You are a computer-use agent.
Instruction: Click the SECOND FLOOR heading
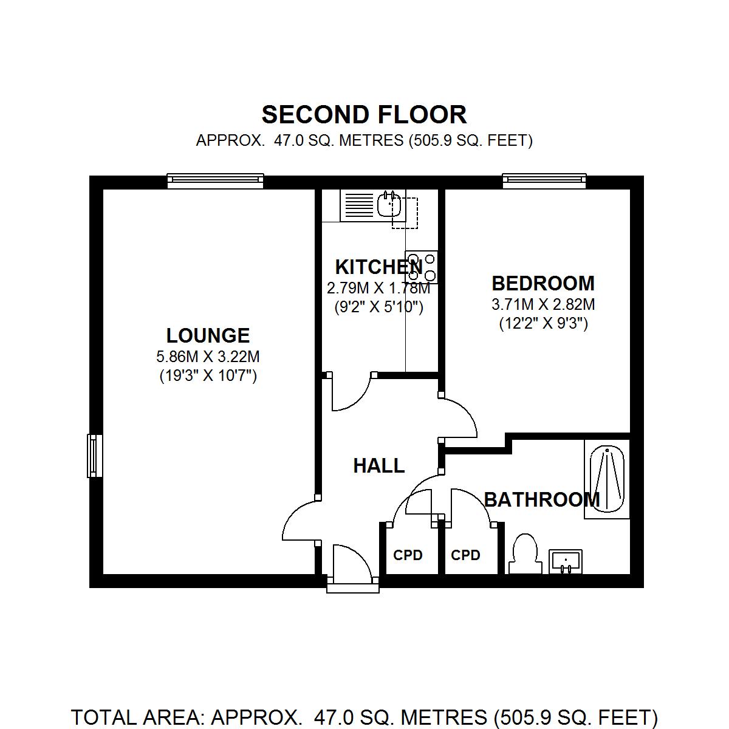point(364,115)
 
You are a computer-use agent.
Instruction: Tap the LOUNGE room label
point(208,335)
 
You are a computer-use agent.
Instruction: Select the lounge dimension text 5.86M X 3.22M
point(208,356)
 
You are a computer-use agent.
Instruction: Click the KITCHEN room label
point(378,267)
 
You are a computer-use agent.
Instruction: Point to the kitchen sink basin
point(389,205)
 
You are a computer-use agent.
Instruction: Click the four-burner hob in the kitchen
point(422,267)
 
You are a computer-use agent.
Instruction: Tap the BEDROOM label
point(543,283)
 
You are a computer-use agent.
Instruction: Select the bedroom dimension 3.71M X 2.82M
point(543,304)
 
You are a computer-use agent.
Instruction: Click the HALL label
point(378,466)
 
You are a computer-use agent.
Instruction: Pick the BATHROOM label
point(542,500)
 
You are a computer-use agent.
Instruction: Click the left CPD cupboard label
point(408,555)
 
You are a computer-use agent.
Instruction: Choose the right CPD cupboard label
point(465,555)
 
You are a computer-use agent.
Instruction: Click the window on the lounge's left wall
point(94,456)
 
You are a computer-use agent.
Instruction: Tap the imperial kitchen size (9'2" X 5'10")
point(378,307)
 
